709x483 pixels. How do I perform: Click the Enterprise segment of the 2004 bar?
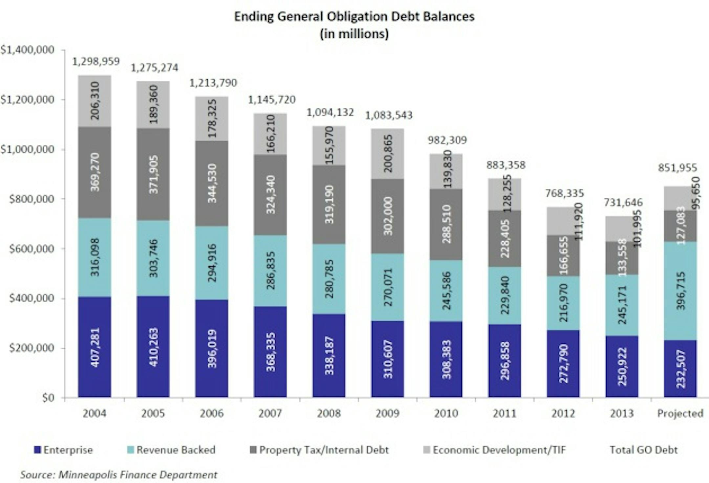95,347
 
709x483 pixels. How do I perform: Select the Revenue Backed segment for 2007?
270,271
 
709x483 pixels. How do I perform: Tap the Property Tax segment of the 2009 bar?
388,216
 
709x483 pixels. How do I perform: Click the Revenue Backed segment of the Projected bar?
680,291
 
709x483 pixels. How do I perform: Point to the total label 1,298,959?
96,61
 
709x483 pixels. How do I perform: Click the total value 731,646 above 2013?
623,203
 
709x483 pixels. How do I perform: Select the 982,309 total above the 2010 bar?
447,140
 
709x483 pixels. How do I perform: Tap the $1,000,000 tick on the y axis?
28,149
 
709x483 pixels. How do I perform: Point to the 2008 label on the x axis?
329,413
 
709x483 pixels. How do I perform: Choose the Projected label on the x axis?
680,413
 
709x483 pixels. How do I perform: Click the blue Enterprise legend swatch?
37,450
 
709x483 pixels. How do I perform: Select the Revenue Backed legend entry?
176,450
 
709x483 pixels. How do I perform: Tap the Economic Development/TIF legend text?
499,450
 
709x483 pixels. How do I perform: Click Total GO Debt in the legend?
643,450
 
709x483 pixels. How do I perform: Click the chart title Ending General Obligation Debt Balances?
354,16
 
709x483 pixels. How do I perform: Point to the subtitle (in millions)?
354,34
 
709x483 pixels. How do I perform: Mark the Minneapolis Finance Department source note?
118,475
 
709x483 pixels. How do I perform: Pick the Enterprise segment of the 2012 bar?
563,364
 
